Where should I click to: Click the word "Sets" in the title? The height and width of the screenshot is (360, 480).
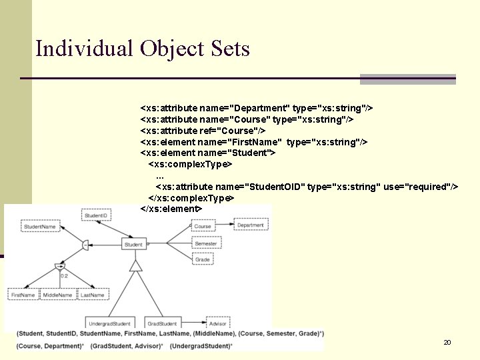click(229, 49)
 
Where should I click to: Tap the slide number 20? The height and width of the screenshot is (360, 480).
click(447, 342)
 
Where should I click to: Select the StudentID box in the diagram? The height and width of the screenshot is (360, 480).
click(96, 215)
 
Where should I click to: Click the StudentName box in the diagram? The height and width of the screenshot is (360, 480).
click(40, 227)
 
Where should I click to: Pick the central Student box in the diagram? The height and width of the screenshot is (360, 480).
click(133, 245)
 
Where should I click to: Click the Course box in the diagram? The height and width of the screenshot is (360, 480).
click(203, 226)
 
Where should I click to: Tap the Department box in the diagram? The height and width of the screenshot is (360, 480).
click(251, 225)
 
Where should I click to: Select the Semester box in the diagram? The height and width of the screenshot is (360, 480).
click(206, 244)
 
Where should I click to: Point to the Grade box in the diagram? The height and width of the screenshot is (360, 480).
click(203, 260)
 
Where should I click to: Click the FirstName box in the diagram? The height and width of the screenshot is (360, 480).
click(23, 295)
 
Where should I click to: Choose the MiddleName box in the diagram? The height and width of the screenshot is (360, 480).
click(59, 295)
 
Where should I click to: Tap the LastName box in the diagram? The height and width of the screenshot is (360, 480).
click(93, 295)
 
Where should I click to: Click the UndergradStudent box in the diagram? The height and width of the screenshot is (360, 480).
click(110, 323)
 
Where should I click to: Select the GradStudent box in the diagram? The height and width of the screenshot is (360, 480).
click(162, 323)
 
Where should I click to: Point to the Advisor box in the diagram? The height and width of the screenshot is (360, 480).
click(217, 323)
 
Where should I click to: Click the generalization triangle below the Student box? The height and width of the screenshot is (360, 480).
click(135, 266)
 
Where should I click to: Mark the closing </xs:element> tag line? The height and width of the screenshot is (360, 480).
click(171, 209)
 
